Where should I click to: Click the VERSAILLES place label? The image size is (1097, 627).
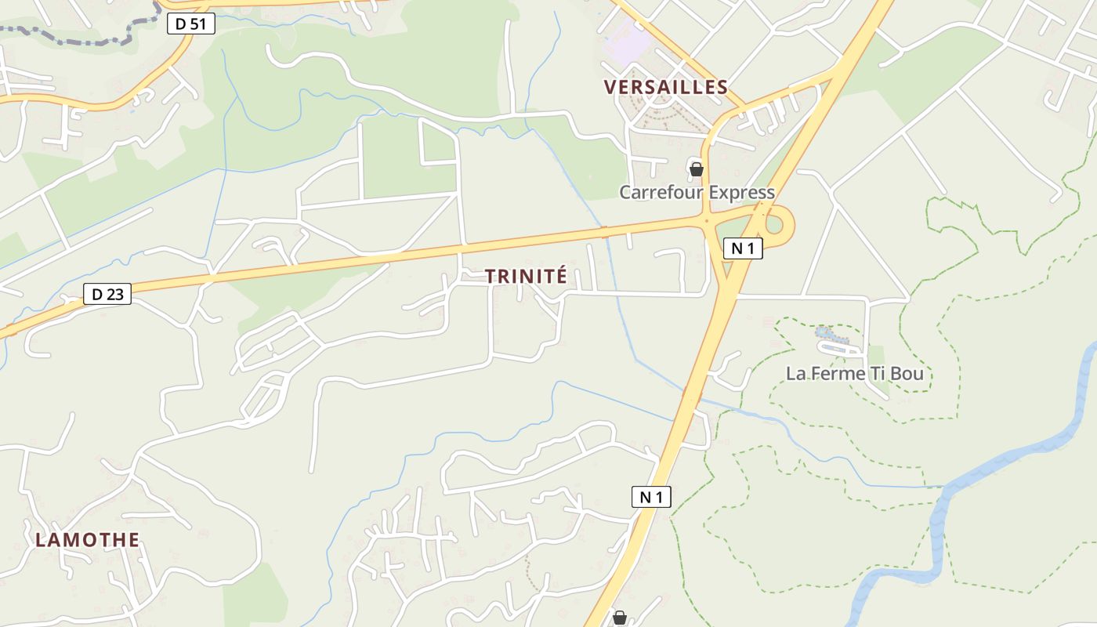[x=665, y=87]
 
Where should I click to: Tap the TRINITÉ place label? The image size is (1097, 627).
[x=525, y=277]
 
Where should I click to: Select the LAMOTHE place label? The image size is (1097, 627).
[x=87, y=540]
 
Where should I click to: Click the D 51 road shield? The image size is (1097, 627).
[x=190, y=24]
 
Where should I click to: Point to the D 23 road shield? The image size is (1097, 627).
[x=107, y=295]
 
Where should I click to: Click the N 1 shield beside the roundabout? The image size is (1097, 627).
[x=742, y=249]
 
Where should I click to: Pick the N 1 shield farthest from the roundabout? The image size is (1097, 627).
[x=651, y=497]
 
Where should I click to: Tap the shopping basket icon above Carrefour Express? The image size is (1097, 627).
[x=696, y=169]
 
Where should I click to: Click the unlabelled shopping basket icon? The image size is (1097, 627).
[x=619, y=618]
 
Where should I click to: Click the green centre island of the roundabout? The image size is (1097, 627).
[x=774, y=225]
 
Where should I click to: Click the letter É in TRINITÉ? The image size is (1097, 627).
[x=559, y=277]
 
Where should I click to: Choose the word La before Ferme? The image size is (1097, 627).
[x=795, y=374]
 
